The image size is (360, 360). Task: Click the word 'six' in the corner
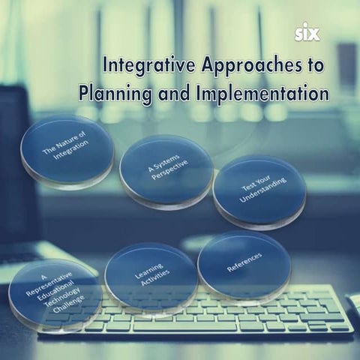coord(307,34)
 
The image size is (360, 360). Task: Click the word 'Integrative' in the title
coord(145,65)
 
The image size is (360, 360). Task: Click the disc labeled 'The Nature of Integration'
coord(67,150)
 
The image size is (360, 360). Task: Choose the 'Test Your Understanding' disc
coord(258,192)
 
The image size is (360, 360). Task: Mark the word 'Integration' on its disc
coord(70,157)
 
